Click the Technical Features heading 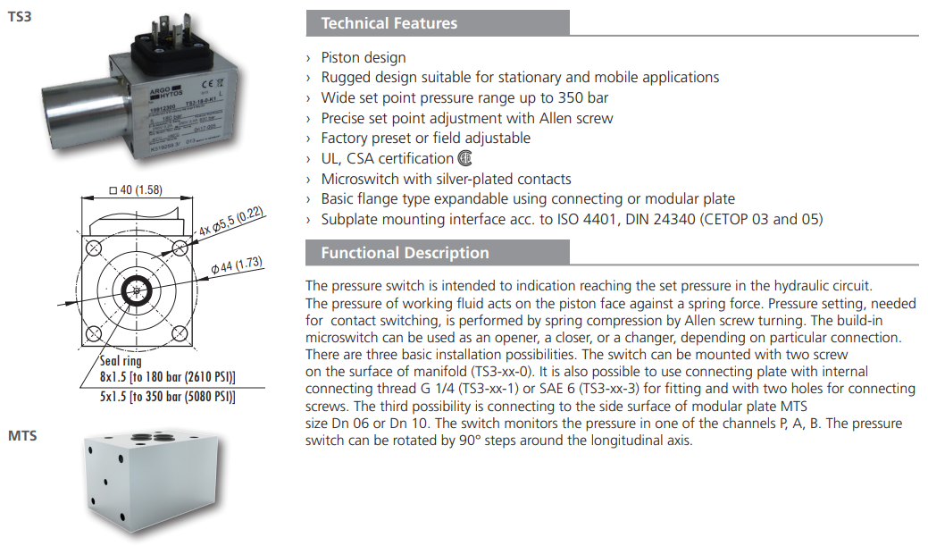(x=389, y=23)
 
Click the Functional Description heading (x=405, y=253)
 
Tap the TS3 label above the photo (x=20, y=17)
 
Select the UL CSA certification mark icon (x=464, y=159)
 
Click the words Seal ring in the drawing (x=121, y=362)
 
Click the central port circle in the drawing (x=138, y=290)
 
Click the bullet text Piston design (x=363, y=58)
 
